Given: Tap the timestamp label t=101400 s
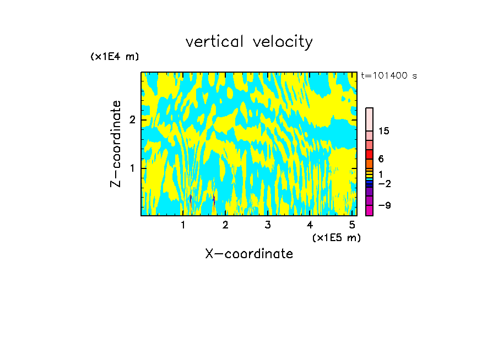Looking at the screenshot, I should pos(388,75).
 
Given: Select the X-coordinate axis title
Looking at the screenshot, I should pos(249,254).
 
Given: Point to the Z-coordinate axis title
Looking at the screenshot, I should pos(116,144).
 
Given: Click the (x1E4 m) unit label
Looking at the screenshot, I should pos(115,57).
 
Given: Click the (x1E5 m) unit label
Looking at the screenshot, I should pos(336,237).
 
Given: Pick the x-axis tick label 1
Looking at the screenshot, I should pos(183,225).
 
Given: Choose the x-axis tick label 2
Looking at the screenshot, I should pos(225,225).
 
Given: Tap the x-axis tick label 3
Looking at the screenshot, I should pos(268,225).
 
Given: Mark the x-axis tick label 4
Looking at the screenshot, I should pos(310,225).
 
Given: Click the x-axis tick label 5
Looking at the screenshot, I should pos(352,225).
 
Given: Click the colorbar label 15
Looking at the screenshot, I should pos(384,131).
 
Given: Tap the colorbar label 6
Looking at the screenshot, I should pos(381,159).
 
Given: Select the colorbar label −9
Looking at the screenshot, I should pos(384,206).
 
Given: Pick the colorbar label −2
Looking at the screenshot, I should pos(384,183).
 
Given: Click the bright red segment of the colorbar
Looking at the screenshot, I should pos(369,154).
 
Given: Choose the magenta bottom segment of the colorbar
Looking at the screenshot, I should pos(369,210).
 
